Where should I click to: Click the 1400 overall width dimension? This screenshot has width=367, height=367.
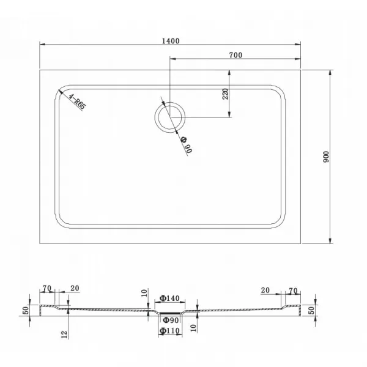tap(171, 41)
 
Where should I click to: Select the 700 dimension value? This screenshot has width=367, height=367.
tap(235, 55)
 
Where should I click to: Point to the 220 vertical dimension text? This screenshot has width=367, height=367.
tap(225, 94)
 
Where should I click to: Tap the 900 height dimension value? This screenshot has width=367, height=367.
tap(326, 157)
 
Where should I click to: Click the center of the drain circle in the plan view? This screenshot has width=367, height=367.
tap(170, 117)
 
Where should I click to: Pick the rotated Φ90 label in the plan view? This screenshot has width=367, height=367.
tap(187, 145)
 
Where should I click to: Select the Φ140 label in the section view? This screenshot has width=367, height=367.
tap(169, 298)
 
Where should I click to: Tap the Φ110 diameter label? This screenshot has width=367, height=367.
tap(169, 330)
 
